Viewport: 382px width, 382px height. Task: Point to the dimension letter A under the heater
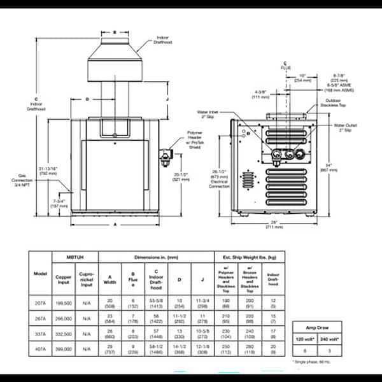click(x=115, y=224)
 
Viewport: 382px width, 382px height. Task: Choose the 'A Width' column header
click(x=111, y=281)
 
